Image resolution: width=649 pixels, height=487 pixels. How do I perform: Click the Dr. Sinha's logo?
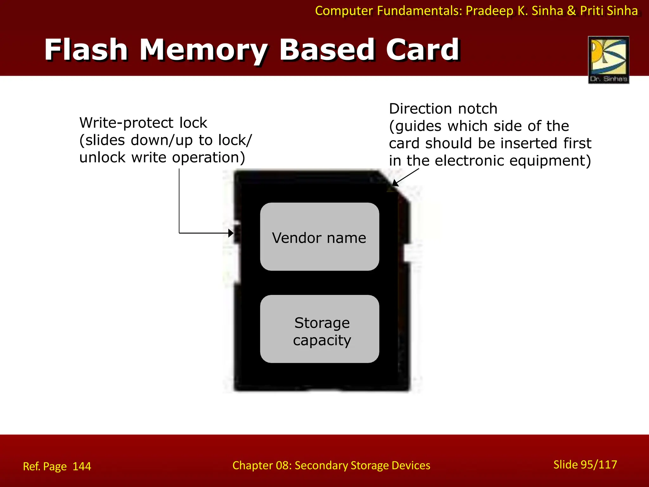point(608,60)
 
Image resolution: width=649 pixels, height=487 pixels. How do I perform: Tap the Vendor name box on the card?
point(319,237)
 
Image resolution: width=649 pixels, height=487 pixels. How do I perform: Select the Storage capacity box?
point(319,329)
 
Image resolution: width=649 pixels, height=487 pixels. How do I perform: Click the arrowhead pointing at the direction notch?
point(395,183)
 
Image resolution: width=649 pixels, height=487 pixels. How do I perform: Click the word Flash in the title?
point(86,50)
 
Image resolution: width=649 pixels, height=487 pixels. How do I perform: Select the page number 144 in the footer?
point(82,466)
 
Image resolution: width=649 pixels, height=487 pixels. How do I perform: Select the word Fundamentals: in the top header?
point(420,11)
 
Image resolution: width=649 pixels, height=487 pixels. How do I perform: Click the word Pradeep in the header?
point(490,11)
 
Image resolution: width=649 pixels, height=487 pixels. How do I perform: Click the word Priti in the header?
point(592,11)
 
